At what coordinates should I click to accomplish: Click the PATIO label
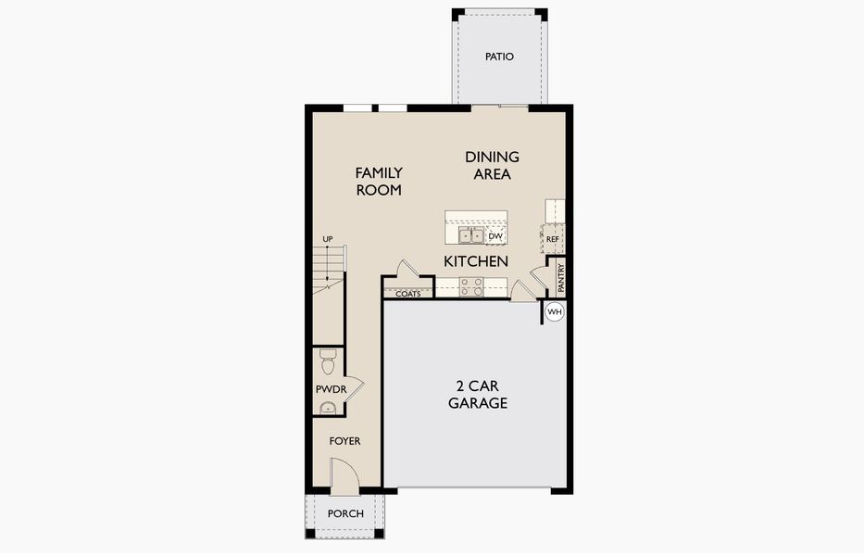pos(499,57)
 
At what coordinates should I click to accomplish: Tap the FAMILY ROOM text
pos(379,181)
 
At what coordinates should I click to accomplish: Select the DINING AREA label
pos(492,165)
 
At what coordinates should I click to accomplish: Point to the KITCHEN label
pos(476,261)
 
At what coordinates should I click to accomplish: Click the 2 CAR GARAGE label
pos(477,394)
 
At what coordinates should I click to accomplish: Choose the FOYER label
pos(344,441)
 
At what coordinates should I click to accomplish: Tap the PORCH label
pos(345,514)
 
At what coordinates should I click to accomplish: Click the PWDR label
pos(331,389)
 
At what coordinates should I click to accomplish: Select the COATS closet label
pos(408,294)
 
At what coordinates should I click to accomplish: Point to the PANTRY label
pos(560,276)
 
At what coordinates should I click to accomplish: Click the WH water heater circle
pos(554,312)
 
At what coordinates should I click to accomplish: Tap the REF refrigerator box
pos(553,239)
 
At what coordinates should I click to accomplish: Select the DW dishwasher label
pos(495,236)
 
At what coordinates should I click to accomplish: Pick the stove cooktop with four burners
pos(470,287)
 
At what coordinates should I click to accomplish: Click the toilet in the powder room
pos(327,357)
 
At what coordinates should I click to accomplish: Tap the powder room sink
pos(325,409)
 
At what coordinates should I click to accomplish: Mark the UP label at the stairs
pos(327,239)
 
